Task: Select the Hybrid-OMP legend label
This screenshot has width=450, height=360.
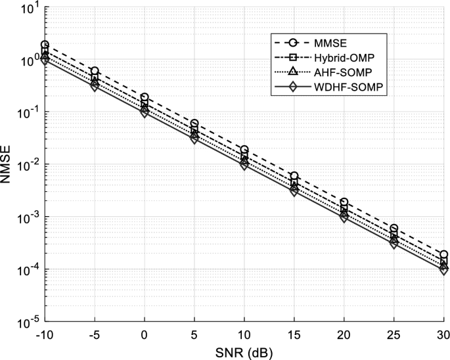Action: click(349, 58)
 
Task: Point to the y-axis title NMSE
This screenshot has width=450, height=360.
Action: click(9, 165)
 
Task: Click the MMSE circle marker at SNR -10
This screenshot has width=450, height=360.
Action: click(45, 45)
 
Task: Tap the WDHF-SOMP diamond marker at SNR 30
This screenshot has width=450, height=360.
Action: click(444, 270)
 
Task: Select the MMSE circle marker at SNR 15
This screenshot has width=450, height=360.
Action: click(294, 176)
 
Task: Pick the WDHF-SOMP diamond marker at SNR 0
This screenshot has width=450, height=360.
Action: click(145, 112)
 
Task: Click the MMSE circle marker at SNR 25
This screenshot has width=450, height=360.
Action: click(394, 229)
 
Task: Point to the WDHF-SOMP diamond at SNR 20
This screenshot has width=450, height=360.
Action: click(344, 217)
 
